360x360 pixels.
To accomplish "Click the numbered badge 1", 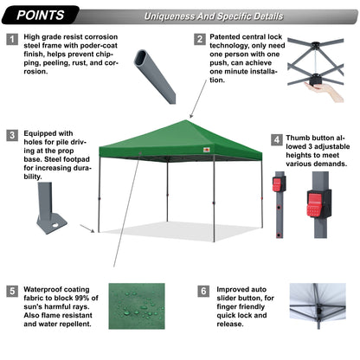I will click(12, 40).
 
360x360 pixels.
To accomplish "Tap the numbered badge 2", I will click(200, 40).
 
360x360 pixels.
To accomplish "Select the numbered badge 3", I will click(12, 135).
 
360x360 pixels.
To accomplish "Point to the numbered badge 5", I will click(12, 292).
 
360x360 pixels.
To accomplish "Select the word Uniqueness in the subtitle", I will click(169, 16).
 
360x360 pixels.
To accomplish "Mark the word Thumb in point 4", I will click(303, 138).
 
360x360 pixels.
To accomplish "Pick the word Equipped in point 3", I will click(44, 135).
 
